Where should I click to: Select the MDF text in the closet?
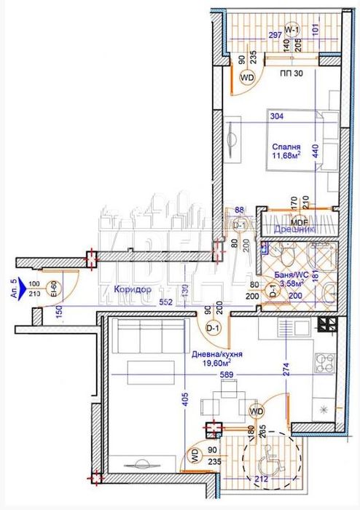[x=297, y=221]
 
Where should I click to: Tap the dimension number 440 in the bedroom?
[x=316, y=150]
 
